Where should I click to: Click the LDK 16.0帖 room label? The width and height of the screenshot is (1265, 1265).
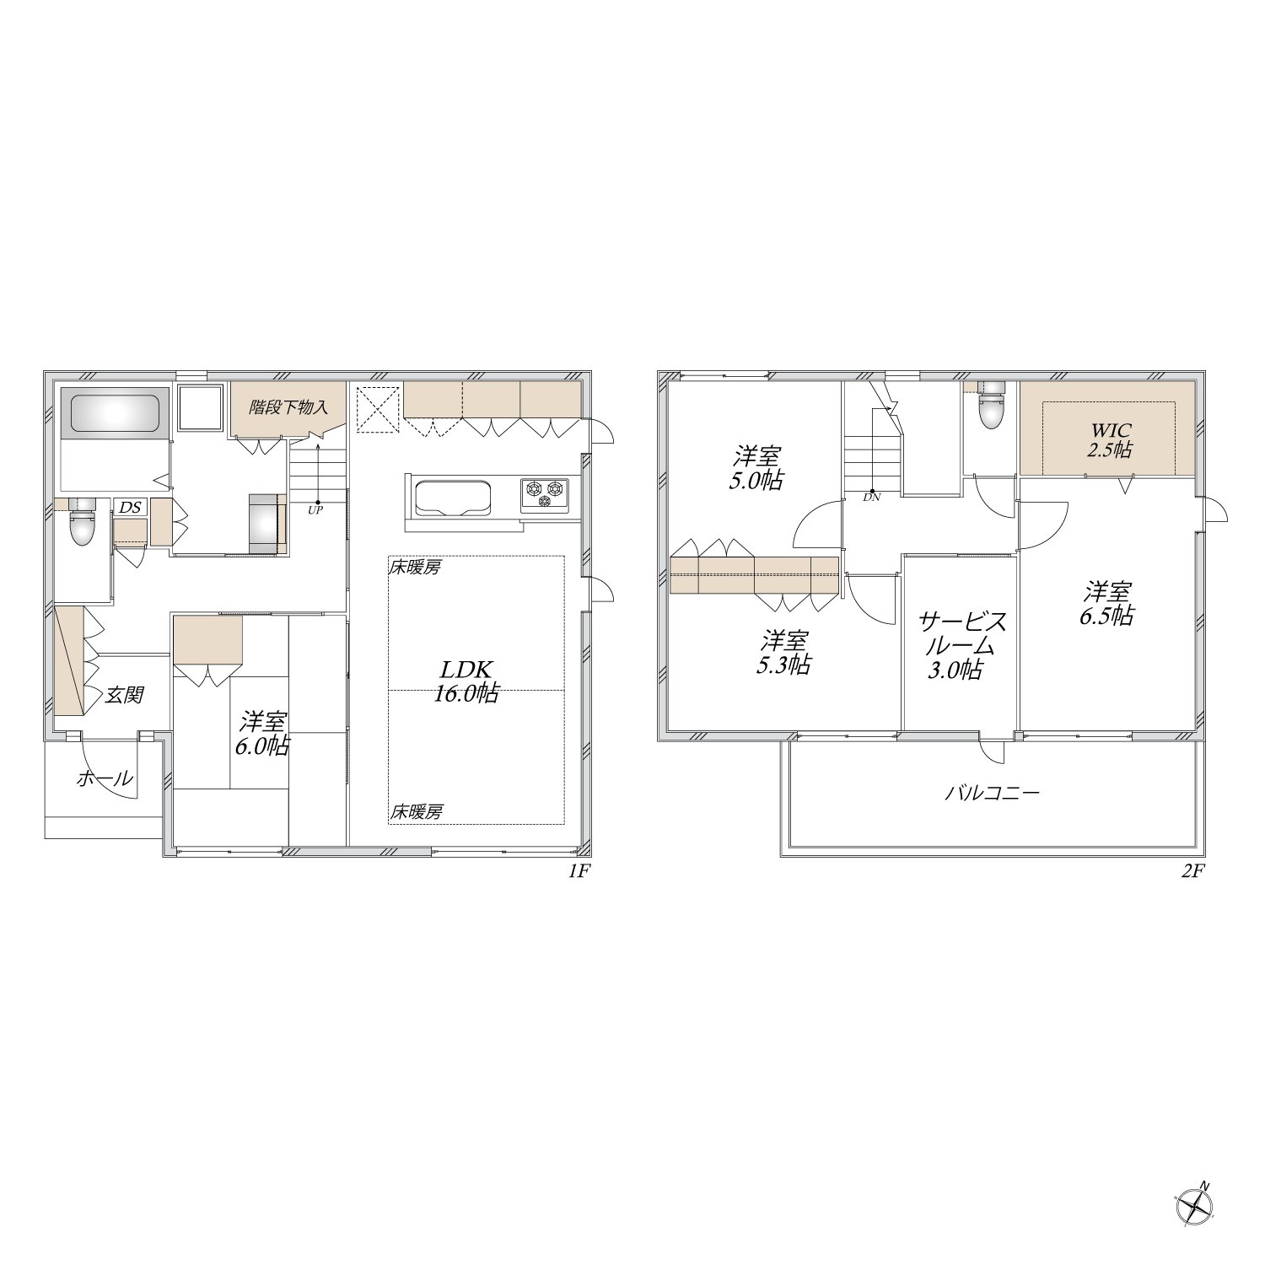466,681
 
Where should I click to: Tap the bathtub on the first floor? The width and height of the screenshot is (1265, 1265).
114,414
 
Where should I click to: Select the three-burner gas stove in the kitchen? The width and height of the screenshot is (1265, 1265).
544,494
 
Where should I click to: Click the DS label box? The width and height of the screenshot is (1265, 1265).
130,507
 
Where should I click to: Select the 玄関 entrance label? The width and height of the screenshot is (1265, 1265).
124,695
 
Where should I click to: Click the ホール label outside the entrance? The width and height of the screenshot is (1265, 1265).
105,778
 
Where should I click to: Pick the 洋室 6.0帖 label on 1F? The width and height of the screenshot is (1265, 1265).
264,734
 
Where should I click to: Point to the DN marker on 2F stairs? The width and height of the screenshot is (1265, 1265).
871,498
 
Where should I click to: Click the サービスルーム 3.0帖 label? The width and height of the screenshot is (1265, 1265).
962,646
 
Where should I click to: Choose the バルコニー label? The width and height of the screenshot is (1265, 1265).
992,793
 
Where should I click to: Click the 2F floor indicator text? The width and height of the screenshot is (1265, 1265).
1190,872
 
